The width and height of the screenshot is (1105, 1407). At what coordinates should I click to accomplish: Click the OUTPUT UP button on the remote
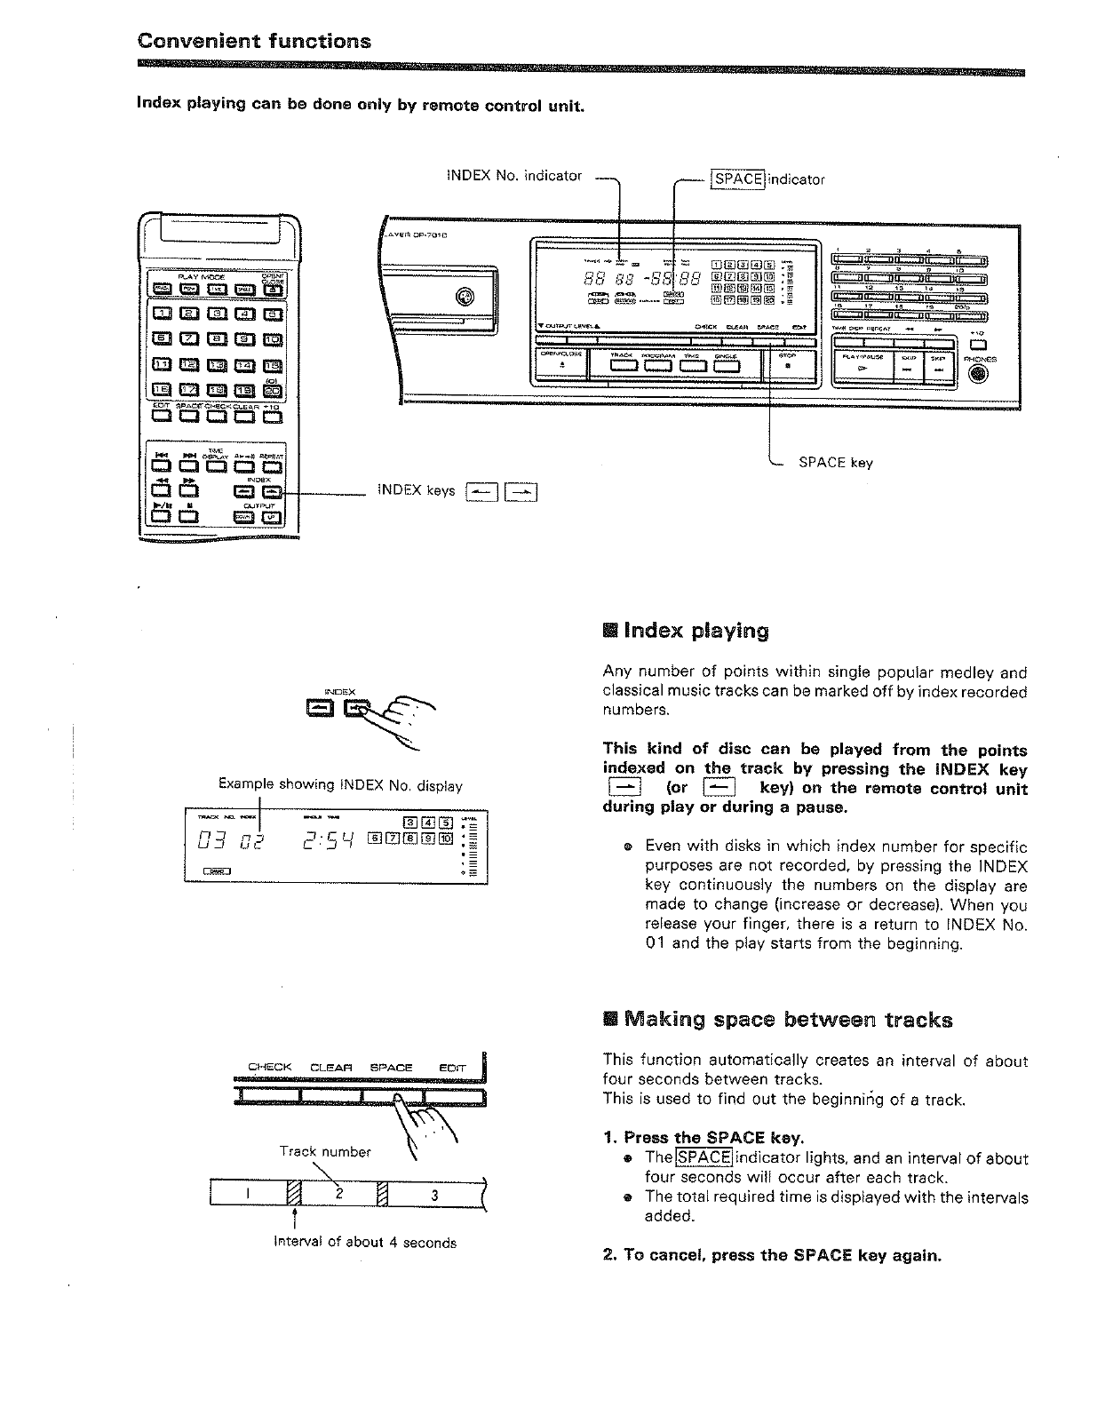[272, 520]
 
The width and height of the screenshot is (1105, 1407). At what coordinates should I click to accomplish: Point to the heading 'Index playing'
[696, 632]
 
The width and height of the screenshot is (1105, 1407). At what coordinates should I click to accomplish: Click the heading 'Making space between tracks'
[788, 1020]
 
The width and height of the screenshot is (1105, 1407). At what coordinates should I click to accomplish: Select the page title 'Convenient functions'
[254, 42]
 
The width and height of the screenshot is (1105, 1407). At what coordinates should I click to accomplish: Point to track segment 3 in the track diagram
[434, 1195]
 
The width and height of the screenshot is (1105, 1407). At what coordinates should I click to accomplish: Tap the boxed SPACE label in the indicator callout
[737, 179]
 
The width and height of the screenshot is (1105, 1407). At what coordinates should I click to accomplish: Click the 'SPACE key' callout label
[835, 462]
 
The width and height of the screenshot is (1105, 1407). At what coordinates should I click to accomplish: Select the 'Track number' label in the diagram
[325, 1152]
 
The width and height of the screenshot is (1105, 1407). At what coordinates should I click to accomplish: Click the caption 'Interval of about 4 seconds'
[365, 1243]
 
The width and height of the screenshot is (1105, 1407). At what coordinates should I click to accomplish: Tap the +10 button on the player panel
[978, 346]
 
